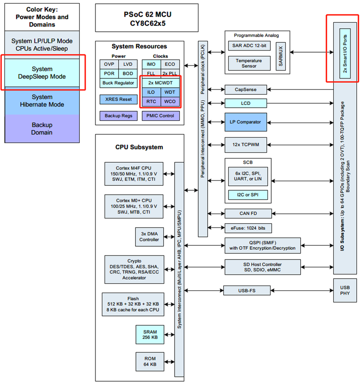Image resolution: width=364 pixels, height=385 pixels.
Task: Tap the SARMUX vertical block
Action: tap(281, 56)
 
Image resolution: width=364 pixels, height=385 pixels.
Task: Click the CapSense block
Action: tap(245, 89)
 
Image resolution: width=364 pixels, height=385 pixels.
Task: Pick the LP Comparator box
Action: tap(245, 122)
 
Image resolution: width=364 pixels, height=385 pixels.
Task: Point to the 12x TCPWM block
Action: tap(245, 144)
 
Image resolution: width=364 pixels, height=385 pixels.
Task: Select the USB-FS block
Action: tap(247, 290)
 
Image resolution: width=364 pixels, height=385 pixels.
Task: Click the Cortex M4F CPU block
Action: tap(134, 174)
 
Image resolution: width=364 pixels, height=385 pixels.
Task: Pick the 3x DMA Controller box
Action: tap(149, 237)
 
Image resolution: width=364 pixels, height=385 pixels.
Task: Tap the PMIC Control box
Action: tap(161, 116)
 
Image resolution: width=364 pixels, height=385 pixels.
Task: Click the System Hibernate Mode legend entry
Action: tap(42, 101)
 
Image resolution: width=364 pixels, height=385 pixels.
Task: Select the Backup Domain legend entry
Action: tap(42, 129)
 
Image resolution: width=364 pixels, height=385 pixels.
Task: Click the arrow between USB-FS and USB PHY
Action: tap(302, 290)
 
